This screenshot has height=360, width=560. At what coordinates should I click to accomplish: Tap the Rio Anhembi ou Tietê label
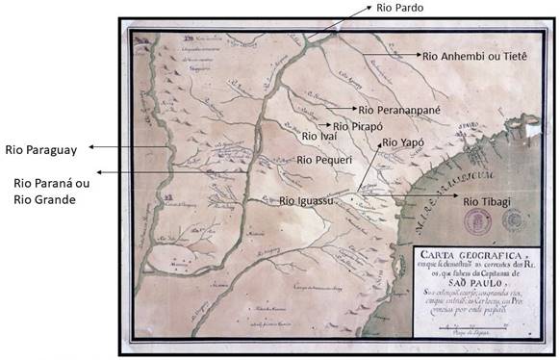pyautogui.click(x=481, y=57)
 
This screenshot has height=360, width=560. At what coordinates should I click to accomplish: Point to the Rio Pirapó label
pyautogui.click(x=357, y=126)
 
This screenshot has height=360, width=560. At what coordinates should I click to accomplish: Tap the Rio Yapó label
pyautogui.click(x=404, y=141)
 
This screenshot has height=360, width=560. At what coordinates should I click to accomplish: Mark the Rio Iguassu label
pyautogui.click(x=306, y=201)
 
